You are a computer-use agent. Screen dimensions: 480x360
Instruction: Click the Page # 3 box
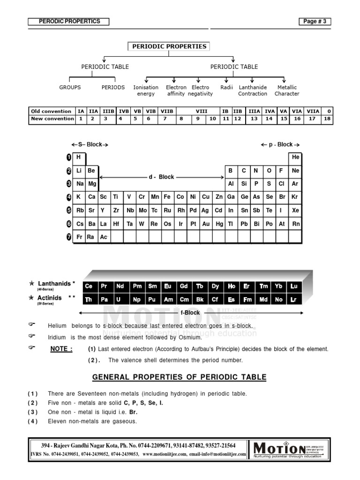click(315, 22)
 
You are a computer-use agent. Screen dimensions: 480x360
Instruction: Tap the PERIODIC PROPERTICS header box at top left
click(68, 22)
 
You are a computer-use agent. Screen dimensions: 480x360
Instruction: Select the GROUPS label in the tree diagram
click(70, 87)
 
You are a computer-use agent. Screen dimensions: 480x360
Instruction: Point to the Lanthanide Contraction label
click(253, 90)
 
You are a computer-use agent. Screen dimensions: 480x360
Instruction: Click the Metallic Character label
click(287, 90)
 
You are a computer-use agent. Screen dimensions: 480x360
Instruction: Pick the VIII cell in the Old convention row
click(197, 112)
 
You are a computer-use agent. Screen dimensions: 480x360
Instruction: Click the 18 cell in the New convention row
click(328, 119)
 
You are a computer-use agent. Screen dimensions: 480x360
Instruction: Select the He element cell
click(295, 157)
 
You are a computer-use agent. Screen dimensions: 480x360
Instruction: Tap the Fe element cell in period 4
click(167, 197)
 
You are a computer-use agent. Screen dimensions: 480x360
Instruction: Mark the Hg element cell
click(219, 224)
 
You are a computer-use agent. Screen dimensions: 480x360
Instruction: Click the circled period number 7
click(68, 237)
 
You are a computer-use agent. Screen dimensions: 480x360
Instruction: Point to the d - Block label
click(161, 177)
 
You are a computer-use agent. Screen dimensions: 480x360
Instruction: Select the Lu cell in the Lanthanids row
click(294, 286)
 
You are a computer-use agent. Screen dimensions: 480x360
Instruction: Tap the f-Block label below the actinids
click(191, 313)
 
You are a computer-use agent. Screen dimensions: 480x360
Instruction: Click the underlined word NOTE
click(61, 349)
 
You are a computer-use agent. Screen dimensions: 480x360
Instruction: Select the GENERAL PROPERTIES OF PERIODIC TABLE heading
click(179, 377)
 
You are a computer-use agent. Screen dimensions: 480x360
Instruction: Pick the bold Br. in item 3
click(133, 412)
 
